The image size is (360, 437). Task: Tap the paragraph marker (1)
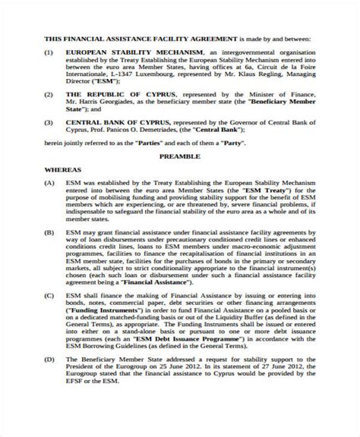click(x=49, y=52)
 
